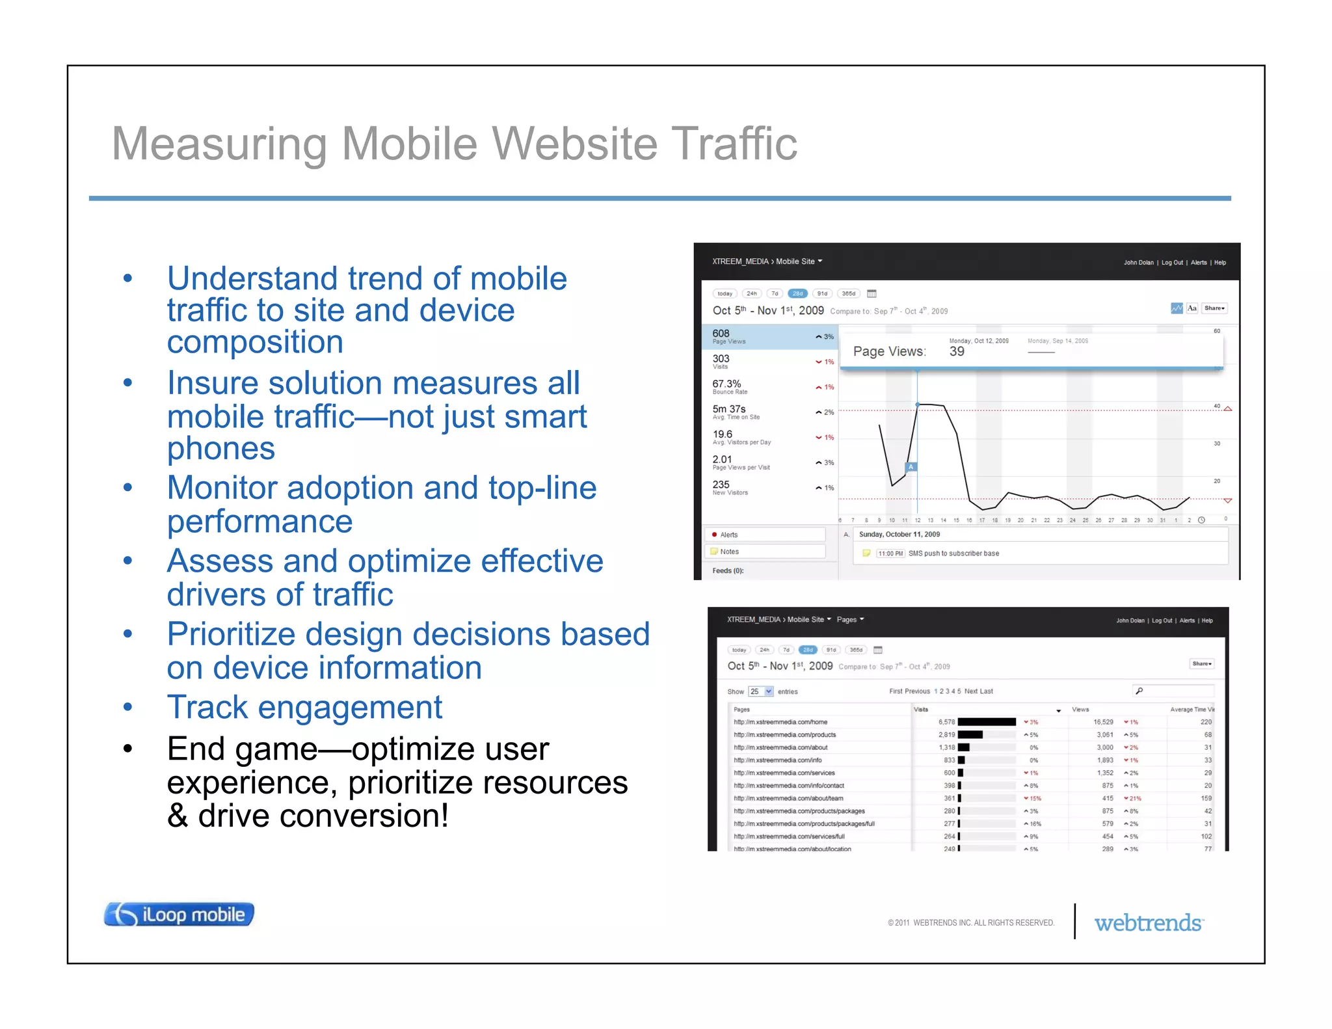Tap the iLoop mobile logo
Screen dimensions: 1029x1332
coord(179,915)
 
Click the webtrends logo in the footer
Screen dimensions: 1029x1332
coord(1149,923)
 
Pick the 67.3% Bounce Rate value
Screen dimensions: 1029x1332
coord(726,384)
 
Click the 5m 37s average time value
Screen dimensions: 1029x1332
coord(729,409)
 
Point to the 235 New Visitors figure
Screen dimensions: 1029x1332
coord(721,485)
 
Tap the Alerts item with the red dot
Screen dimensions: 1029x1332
coord(728,535)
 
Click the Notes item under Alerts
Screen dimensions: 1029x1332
coord(729,552)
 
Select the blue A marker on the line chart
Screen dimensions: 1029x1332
coord(911,467)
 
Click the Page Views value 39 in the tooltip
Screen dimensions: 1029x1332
coord(957,352)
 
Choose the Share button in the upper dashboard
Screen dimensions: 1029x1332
coord(1214,308)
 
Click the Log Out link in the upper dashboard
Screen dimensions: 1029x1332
coord(1172,263)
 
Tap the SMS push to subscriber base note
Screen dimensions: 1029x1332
coord(953,554)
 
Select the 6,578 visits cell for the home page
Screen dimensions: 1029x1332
coord(946,722)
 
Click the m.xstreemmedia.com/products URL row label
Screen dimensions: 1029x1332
coord(785,735)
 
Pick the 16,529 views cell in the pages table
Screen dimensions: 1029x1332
coord(1103,722)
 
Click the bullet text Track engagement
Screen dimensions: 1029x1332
coord(304,708)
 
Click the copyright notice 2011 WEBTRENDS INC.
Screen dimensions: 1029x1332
coord(971,923)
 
